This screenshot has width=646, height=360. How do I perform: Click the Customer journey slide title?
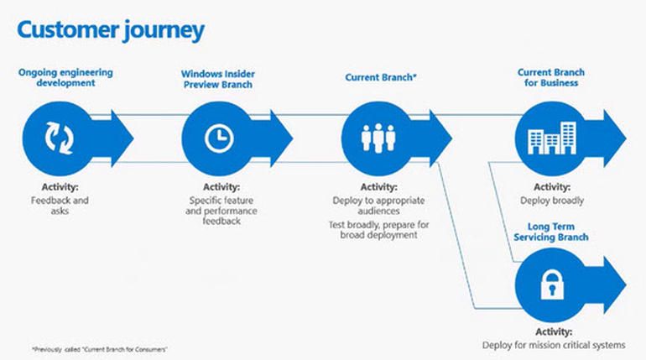(110, 31)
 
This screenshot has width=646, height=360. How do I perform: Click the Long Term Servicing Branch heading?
(558, 232)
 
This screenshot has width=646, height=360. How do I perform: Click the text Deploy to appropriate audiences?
(379, 206)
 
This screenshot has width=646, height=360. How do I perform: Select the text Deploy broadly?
(552, 201)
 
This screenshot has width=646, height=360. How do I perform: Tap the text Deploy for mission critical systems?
(554, 345)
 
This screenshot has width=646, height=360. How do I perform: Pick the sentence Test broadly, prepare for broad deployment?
(379, 232)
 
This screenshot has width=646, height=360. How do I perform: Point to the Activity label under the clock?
(221, 187)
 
